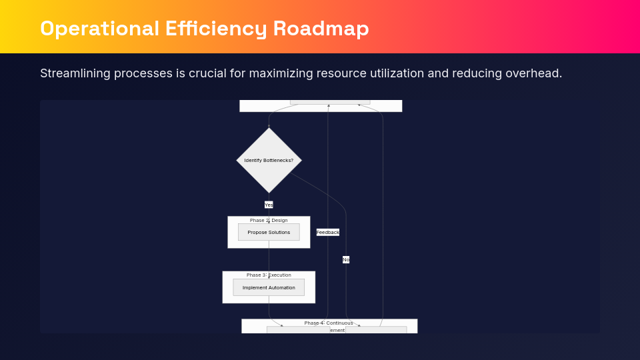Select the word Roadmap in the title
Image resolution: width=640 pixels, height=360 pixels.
[321, 29]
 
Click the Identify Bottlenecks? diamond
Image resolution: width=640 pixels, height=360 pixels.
[269, 161]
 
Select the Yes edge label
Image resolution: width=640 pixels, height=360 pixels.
[269, 205]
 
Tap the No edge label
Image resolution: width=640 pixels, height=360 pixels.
[346, 259]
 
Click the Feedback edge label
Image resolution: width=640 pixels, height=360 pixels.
[328, 233]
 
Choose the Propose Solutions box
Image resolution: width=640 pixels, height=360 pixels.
[269, 233]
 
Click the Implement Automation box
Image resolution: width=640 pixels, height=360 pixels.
[269, 288]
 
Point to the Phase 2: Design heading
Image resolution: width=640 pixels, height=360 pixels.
[269, 220]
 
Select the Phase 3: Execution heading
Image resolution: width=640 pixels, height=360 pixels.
[269, 275]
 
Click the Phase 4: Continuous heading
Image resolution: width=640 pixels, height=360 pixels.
[329, 323]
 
